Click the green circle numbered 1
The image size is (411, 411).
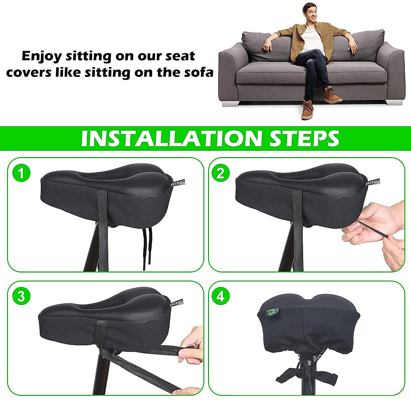[x=21, y=173]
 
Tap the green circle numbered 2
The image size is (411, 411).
[x=221, y=173]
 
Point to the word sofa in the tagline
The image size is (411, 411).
[x=199, y=73]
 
